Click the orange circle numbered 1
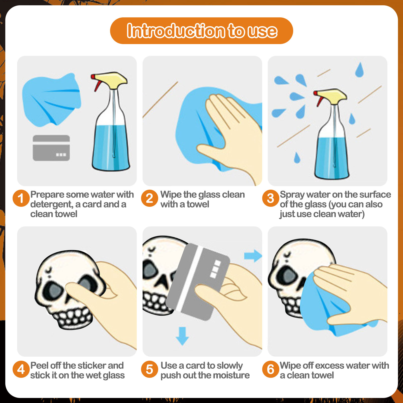(21, 198)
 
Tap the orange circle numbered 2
(150, 198)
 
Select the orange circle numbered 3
(271, 198)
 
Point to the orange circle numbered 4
(21, 369)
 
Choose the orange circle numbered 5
(150, 369)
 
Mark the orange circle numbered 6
(271, 369)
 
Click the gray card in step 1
(51, 148)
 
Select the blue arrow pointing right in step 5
(253, 256)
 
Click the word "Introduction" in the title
(176, 31)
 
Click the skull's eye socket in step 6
(288, 276)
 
